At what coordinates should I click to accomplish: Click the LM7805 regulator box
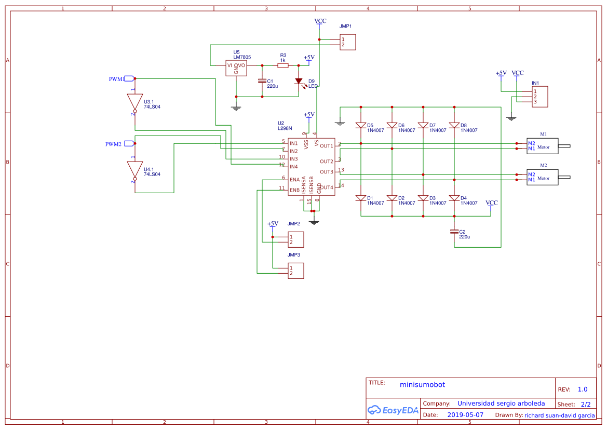[236, 69]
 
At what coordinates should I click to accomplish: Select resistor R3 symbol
[283, 65]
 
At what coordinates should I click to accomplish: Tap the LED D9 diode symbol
[299, 81]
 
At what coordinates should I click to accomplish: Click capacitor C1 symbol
[262, 81]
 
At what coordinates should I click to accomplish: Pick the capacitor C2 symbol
[454, 232]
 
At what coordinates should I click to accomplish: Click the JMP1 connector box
[348, 42]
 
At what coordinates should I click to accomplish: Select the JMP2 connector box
[295, 239]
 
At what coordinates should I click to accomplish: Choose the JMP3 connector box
[295, 271]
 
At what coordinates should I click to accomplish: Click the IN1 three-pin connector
[539, 97]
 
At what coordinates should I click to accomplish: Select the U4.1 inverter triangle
[134, 169]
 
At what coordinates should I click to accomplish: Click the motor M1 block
[542, 146]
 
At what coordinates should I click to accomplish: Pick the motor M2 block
[542, 177]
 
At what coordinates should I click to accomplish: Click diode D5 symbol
[361, 125]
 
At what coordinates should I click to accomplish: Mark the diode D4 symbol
[454, 198]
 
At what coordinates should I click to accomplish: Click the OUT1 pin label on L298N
[326, 146]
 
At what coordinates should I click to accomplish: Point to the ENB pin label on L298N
[294, 190]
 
